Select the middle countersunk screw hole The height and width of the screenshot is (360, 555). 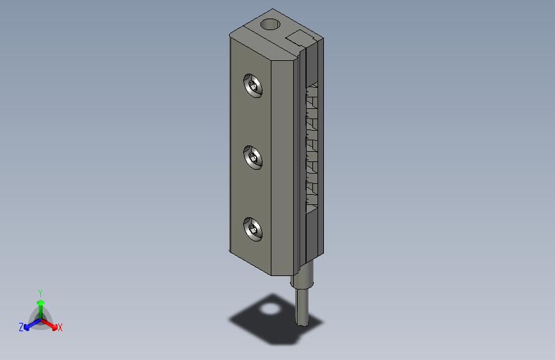(253, 157)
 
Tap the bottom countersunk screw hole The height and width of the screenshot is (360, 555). (253, 229)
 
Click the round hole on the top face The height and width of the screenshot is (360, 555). (271, 26)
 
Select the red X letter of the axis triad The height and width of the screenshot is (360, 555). (60, 327)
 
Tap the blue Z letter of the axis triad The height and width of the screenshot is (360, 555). (21, 327)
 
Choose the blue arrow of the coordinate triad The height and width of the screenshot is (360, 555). (29, 324)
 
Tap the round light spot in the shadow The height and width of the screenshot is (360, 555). (270, 310)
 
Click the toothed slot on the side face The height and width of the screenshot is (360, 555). (312, 147)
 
